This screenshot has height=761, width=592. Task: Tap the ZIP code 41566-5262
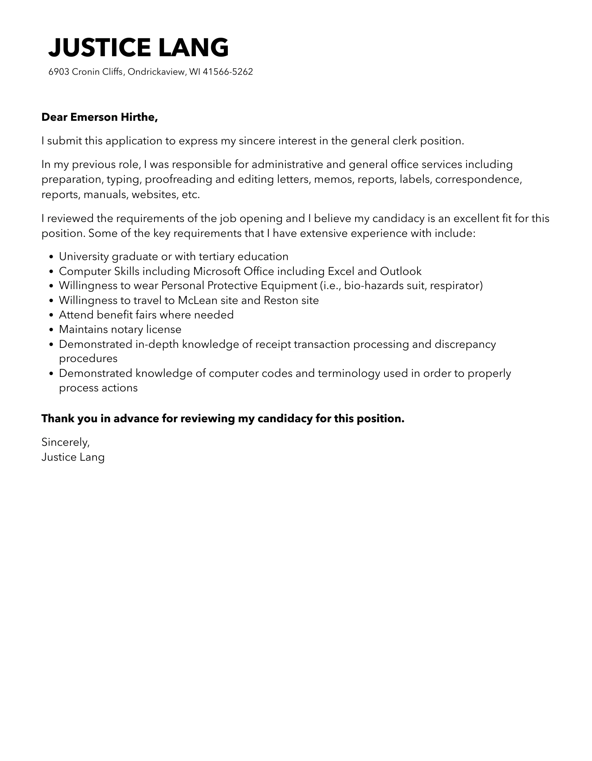227,72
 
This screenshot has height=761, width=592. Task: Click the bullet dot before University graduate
52,257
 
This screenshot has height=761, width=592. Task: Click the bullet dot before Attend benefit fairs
52,315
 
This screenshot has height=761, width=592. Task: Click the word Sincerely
65,442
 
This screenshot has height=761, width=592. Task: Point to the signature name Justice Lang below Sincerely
73,457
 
